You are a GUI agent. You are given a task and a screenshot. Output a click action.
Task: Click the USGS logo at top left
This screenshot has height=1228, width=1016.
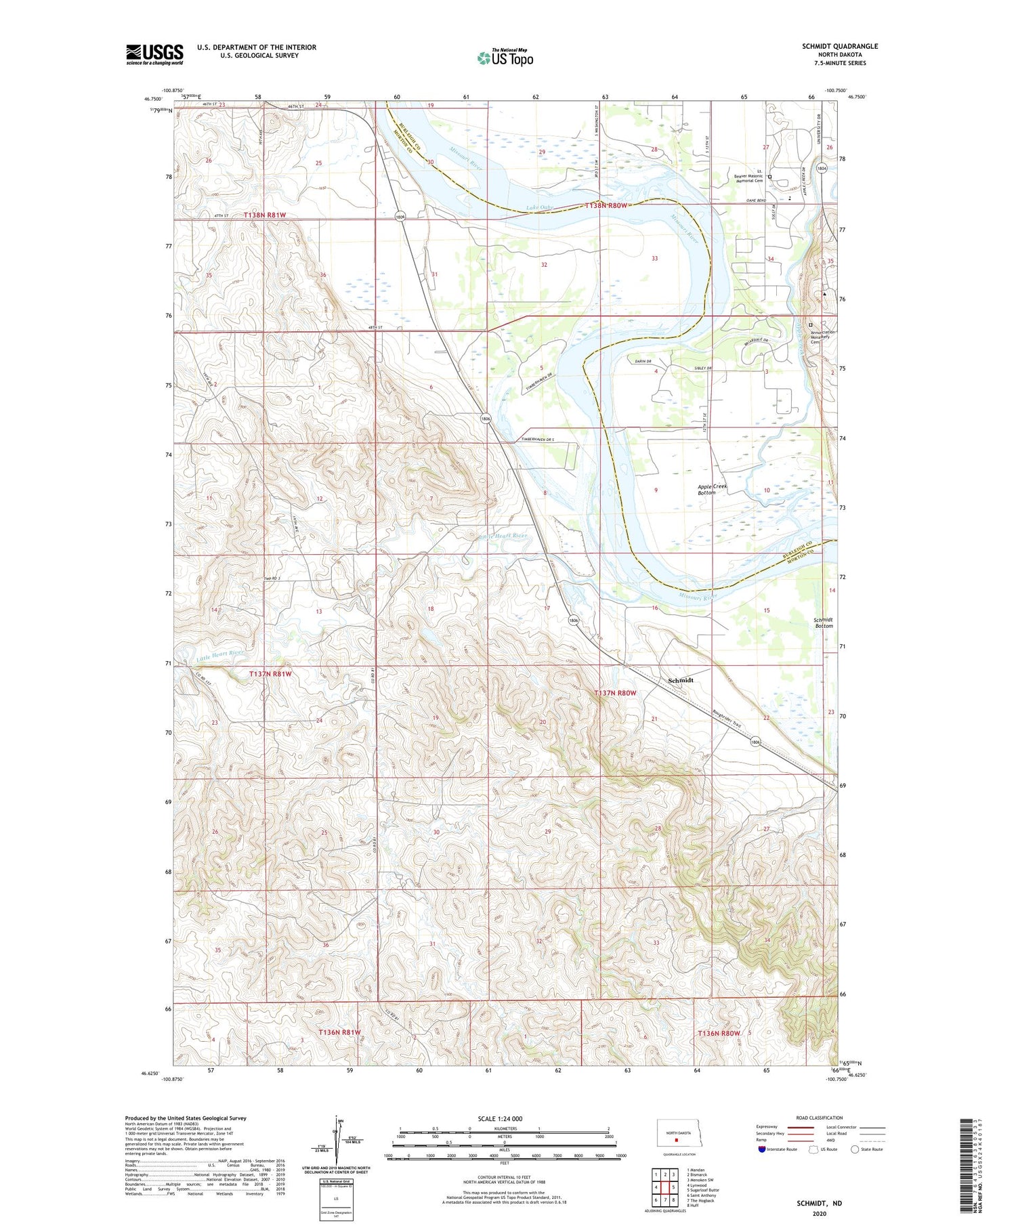click(154, 54)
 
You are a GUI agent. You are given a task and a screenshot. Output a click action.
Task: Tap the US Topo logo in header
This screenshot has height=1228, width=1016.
click(505, 58)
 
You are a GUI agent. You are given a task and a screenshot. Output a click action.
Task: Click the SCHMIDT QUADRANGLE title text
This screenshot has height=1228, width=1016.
click(839, 46)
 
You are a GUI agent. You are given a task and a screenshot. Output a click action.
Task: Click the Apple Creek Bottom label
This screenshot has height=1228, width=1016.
click(711, 489)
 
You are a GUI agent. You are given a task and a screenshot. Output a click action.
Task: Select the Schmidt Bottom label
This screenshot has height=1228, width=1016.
click(823, 622)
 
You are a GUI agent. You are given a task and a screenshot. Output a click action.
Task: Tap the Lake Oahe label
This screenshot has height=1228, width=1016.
click(540, 208)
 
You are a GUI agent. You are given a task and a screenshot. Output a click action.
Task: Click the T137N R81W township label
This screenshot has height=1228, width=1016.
click(270, 674)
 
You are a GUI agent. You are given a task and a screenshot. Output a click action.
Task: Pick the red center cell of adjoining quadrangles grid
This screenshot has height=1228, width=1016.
click(664, 1187)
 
